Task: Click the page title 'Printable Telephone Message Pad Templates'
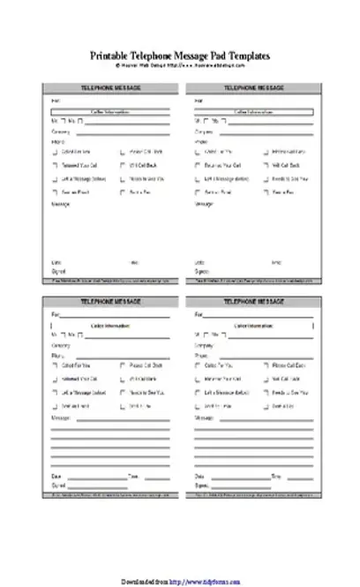click(180, 56)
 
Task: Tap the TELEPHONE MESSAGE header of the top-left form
click(109, 88)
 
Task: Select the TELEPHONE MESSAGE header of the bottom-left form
click(109, 302)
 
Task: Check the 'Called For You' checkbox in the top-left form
click(55, 152)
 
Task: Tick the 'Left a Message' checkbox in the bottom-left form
click(55, 392)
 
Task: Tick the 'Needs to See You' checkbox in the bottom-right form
click(265, 392)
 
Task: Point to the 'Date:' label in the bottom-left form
click(57, 476)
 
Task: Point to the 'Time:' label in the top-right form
click(276, 262)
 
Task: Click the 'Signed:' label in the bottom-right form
click(204, 485)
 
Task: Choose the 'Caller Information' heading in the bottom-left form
click(109, 326)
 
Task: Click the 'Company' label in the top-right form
click(204, 132)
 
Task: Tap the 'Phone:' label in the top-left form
click(58, 141)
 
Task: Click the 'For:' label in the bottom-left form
click(56, 314)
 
